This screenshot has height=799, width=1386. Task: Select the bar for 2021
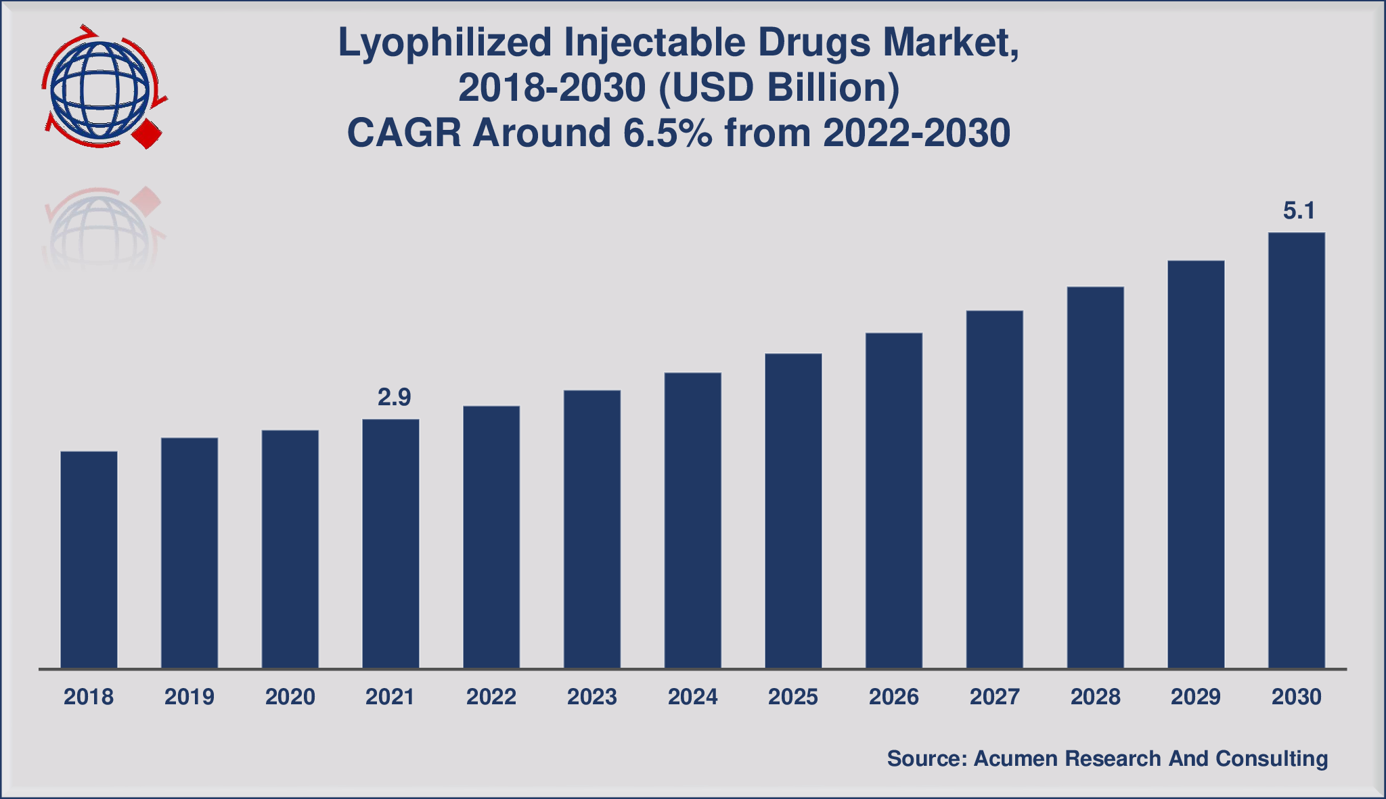[390, 544]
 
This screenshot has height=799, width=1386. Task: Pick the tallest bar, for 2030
[1296, 451]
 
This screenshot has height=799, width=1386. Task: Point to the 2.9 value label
[394, 397]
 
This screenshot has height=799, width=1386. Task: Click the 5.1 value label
[1299, 211]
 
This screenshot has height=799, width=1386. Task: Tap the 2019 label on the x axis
[189, 697]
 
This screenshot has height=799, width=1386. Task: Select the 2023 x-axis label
[591, 697]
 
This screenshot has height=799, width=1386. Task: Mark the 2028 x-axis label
[1095, 697]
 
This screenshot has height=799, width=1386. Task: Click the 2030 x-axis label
[1296, 697]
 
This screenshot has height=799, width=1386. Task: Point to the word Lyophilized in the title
[445, 43]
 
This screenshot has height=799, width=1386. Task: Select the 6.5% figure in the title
[667, 133]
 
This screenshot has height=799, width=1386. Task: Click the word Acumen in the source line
[1015, 758]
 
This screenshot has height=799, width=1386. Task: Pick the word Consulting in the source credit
[1272, 758]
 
